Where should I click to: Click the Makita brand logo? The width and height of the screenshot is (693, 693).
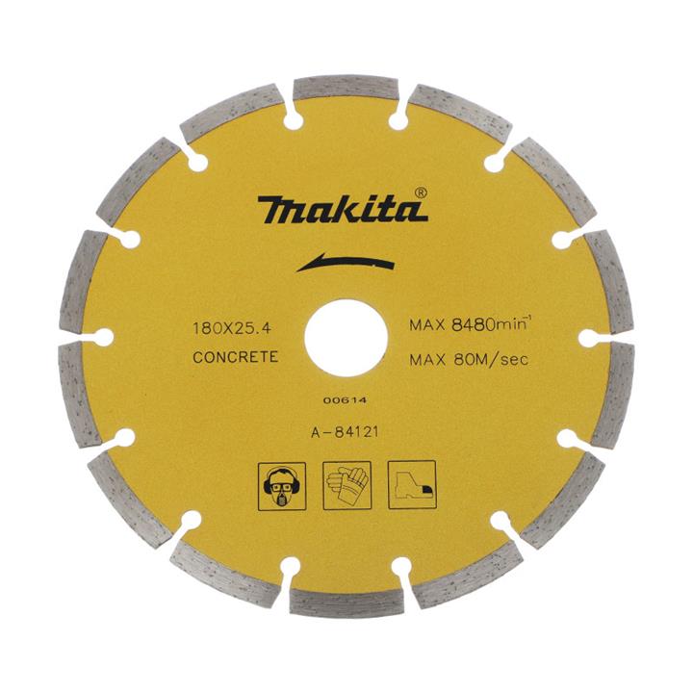(x=343, y=208)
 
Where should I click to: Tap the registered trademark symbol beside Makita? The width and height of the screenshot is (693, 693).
(x=422, y=193)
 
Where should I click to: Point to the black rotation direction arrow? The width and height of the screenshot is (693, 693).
(x=345, y=263)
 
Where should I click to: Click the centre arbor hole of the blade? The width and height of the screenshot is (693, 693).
(x=346, y=338)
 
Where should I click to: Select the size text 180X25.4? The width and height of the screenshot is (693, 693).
(x=232, y=328)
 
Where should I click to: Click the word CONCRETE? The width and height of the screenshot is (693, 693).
(x=236, y=357)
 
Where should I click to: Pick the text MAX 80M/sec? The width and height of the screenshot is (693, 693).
(x=469, y=360)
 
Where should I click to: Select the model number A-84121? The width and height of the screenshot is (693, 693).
(x=346, y=432)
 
